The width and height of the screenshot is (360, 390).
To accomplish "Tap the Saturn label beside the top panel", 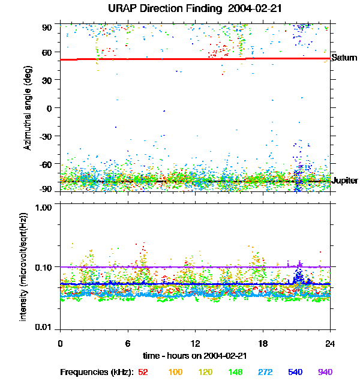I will tap(344, 58).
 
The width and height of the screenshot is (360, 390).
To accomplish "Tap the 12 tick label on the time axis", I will tap(195, 344).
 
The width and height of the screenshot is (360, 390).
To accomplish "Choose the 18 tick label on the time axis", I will tap(263, 344).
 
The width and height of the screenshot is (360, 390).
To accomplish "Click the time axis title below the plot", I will tap(195, 356).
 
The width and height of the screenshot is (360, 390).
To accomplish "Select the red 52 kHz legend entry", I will tap(143, 373).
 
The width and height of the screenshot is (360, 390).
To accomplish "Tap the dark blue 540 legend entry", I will tap(295, 373).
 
